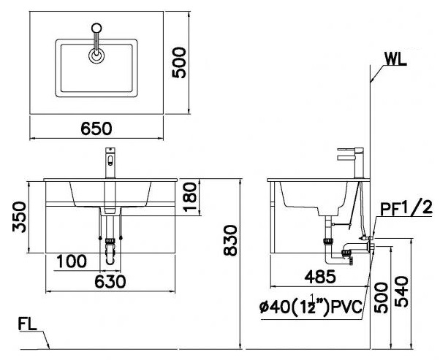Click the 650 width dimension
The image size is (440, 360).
(x=96, y=129)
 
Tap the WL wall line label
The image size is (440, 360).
(x=395, y=59)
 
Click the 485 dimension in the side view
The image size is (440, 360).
(x=319, y=276)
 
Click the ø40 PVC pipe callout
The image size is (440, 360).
(x=311, y=307)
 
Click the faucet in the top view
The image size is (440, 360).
(x=96, y=44)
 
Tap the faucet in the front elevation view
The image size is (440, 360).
(x=110, y=162)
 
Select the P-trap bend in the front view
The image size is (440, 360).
(x=110, y=256)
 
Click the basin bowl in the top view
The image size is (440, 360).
(x=96, y=73)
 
